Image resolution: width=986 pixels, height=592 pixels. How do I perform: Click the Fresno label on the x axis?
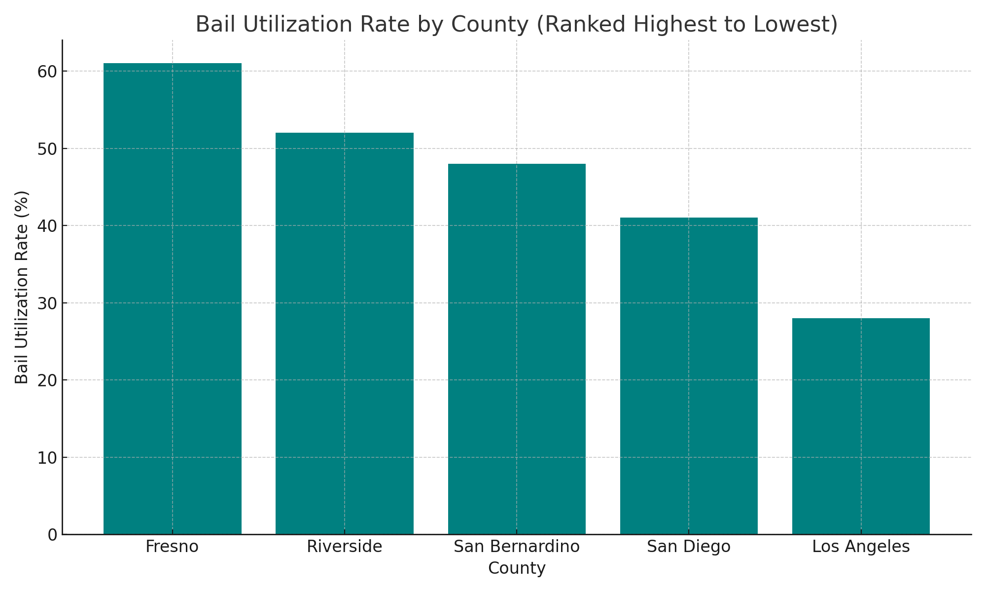coord(172,547)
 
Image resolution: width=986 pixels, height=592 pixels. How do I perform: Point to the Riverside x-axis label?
coord(344,547)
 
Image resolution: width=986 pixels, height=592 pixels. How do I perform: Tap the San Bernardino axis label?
coord(517,547)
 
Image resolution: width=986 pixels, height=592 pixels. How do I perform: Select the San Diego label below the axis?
coord(689,547)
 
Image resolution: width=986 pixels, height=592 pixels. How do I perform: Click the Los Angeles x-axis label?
coord(861,547)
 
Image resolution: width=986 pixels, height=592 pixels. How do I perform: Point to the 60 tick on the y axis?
coord(47,72)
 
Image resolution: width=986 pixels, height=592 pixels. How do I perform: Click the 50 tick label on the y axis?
coord(47,149)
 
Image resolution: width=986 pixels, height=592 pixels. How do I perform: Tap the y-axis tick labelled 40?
coord(47,226)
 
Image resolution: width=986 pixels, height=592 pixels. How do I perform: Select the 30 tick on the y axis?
coord(47,303)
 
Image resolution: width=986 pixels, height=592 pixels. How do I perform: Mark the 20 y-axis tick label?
coord(47,380)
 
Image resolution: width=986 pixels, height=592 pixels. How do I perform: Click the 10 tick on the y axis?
coord(47,458)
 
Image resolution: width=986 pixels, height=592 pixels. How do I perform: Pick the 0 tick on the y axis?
coord(52,535)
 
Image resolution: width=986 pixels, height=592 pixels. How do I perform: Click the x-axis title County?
coord(517,569)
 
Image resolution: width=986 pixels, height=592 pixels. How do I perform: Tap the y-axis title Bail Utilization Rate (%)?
coord(22,287)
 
